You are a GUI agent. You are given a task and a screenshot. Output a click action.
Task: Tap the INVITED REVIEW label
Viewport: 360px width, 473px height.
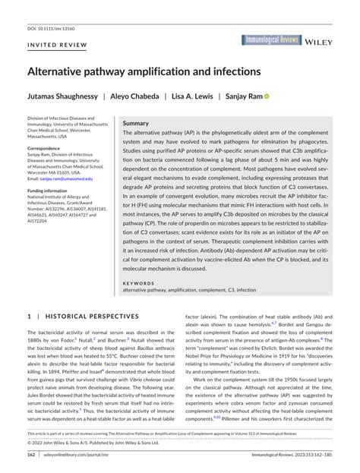tap(57, 46)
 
